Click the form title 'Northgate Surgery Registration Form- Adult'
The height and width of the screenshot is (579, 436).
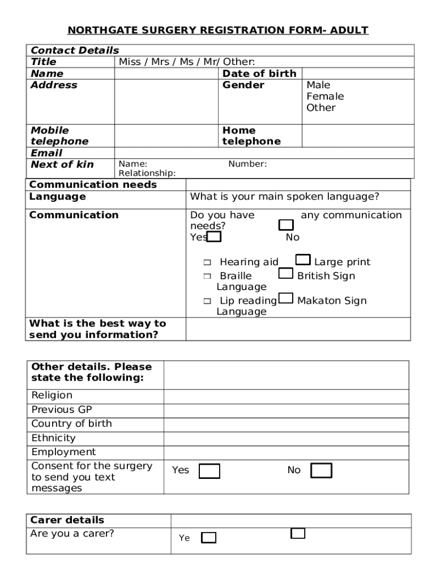coord(218,30)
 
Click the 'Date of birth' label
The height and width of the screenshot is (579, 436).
coord(259,74)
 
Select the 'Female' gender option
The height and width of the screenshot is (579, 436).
coord(325,96)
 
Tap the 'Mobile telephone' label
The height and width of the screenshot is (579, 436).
coord(59,136)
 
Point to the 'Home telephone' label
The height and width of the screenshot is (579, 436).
coord(251,136)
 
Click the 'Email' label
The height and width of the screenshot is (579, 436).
coord(46,153)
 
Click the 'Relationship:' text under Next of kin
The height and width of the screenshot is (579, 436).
coord(147,173)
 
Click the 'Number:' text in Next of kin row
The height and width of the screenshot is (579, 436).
coord(247,164)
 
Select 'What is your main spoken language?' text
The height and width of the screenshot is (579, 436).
coord(285,197)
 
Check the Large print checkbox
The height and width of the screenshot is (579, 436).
coord(303,260)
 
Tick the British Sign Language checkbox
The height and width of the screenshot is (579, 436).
coord(285,274)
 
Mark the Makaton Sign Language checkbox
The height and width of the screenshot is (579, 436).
coord(286,299)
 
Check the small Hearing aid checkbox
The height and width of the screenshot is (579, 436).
coord(207,262)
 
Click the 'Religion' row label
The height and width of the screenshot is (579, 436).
coord(52,395)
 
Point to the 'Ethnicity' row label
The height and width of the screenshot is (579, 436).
coord(53,438)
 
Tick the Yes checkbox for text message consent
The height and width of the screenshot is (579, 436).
coord(210,471)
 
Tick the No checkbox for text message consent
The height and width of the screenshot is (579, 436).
coord(321,470)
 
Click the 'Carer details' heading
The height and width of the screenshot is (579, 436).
coord(67,520)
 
